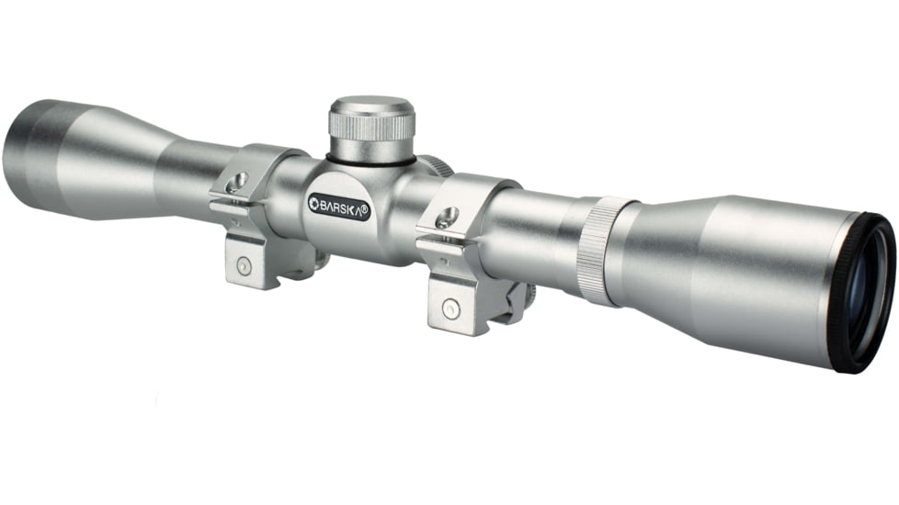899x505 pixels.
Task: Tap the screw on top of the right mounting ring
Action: (448, 218)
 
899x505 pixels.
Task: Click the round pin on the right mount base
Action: (451, 308)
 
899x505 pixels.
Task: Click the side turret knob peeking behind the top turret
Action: (438, 166)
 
